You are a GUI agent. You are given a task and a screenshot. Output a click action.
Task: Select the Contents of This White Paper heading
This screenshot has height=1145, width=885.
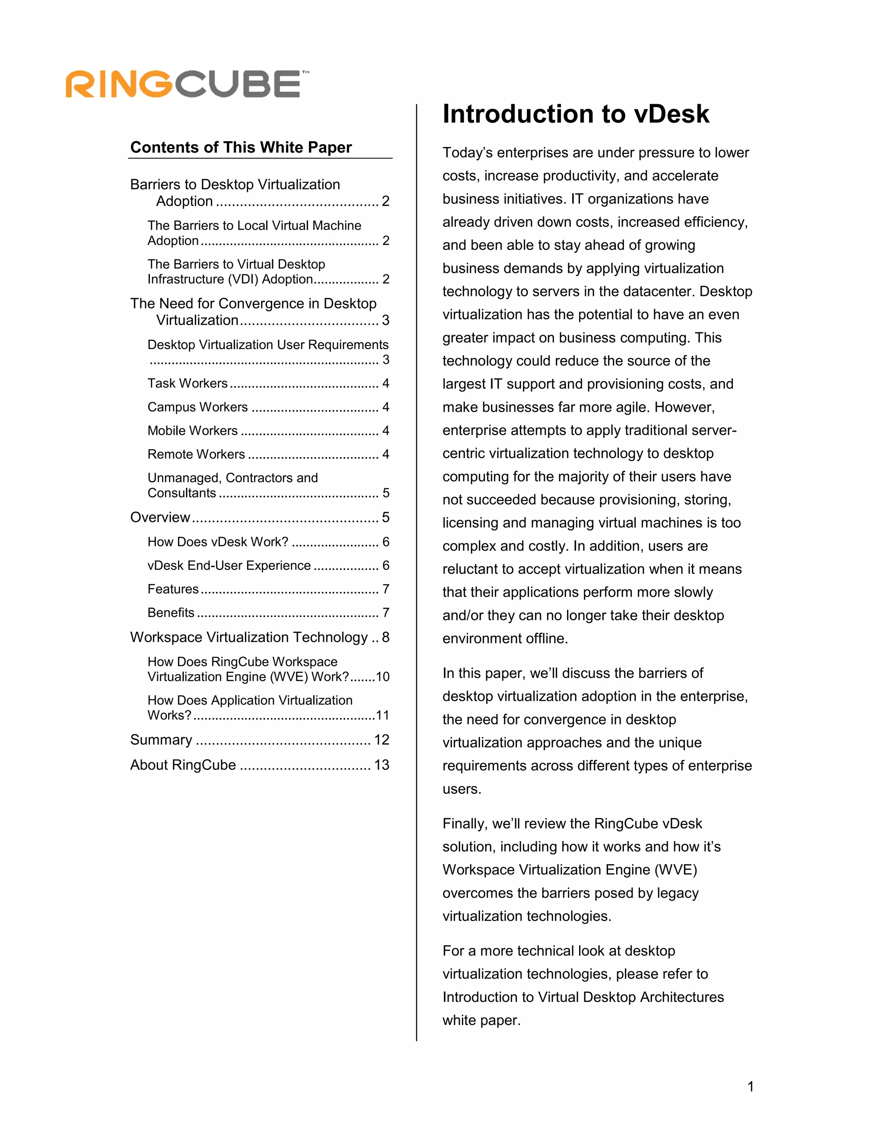241,147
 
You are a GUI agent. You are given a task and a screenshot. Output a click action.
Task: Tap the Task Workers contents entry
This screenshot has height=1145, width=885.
188,383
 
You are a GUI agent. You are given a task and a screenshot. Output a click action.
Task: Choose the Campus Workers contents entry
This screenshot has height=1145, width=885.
197,407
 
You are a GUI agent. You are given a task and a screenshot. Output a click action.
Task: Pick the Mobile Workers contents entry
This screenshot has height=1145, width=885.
192,430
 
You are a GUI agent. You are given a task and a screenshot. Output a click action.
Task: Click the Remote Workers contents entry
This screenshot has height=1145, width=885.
196,454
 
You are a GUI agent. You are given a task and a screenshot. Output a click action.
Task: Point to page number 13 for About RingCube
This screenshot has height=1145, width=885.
381,765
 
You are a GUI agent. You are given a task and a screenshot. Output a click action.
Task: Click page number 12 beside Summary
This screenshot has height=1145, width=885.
381,740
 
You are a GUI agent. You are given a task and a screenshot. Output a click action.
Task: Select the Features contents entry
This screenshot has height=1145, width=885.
173,589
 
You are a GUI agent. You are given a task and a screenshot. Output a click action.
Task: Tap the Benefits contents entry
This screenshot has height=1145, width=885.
171,612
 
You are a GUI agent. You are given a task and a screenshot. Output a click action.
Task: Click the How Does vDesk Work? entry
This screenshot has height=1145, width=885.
218,541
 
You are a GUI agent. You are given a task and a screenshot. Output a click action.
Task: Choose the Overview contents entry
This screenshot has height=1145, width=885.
160,518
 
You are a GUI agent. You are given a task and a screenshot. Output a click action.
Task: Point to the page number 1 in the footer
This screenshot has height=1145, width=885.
750,1087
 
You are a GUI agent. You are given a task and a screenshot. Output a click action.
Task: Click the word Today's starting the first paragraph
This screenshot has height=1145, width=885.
467,153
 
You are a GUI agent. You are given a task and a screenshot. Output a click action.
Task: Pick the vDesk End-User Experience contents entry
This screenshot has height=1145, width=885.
229,565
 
